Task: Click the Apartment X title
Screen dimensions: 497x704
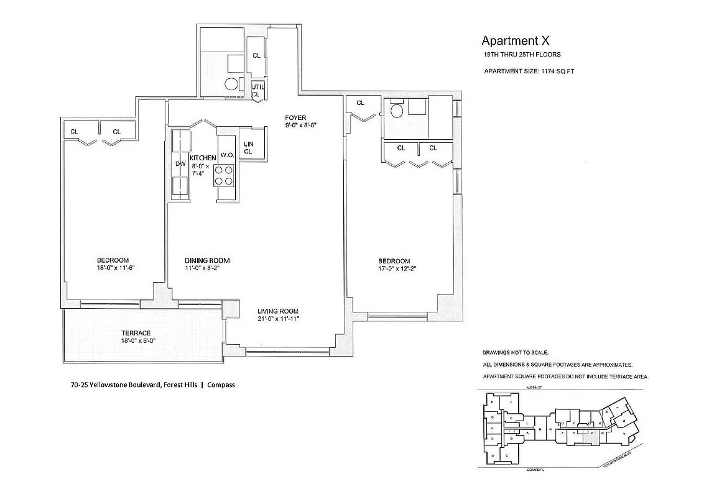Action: pos(516,41)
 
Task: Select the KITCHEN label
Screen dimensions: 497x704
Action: pos(203,158)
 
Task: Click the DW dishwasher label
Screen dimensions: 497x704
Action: pos(180,164)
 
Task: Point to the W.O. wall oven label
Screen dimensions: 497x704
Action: pos(226,155)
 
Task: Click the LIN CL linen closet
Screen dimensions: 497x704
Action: pos(248,147)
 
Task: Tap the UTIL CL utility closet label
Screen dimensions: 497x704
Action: pos(257,90)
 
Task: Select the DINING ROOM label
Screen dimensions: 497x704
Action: pos(207,260)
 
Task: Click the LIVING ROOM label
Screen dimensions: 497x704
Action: pos(278,311)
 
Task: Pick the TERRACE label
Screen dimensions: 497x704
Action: pos(136,333)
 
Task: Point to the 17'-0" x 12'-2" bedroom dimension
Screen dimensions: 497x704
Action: pos(394,268)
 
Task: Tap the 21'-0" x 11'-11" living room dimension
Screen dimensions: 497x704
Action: pos(278,319)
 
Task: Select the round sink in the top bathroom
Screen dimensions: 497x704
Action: pos(231,85)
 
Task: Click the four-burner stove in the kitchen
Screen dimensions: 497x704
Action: pos(224,175)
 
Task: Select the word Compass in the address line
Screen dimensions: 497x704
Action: pos(221,385)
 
